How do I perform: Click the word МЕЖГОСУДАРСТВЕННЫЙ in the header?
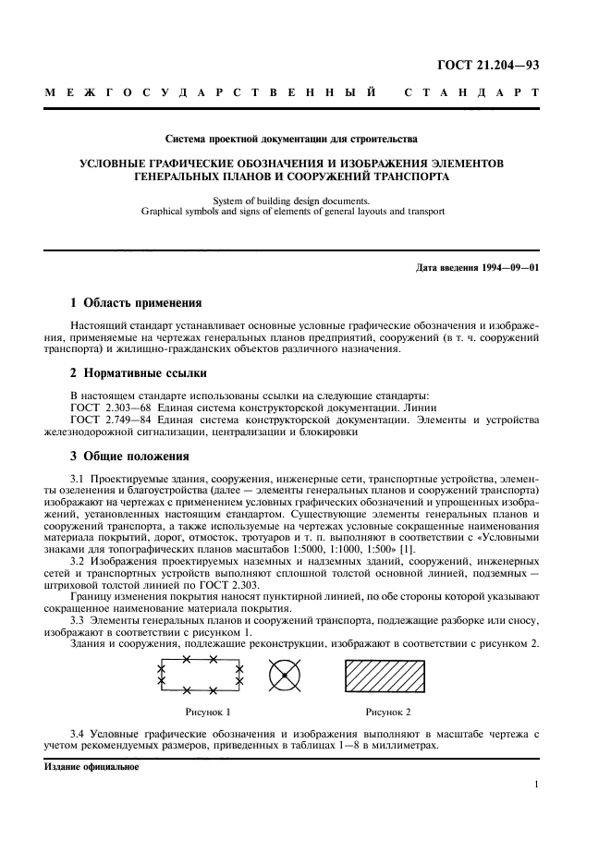click(212, 94)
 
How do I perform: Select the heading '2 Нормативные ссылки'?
click(139, 373)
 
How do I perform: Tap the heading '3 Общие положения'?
click(130, 456)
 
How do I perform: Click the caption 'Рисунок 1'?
click(208, 712)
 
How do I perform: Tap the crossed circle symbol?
click(286, 676)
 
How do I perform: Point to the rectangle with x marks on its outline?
click(201, 676)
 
